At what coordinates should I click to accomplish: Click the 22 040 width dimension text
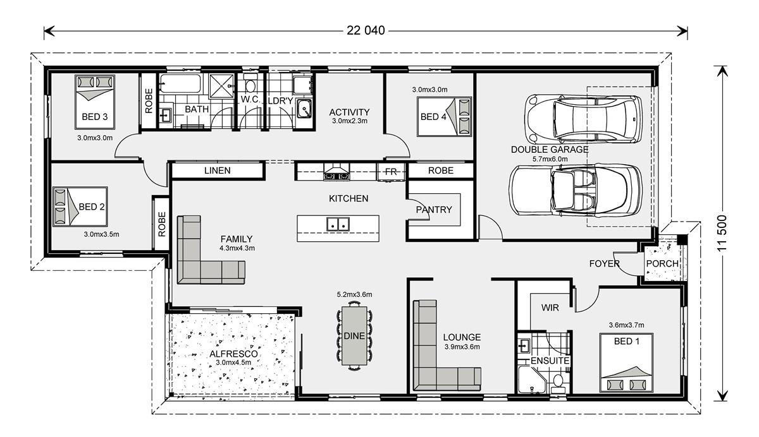366,30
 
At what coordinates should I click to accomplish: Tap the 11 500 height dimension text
722,233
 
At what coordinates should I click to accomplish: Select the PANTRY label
434,210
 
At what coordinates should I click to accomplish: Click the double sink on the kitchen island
338,224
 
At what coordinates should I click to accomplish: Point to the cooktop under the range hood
336,176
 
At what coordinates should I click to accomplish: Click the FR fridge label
391,172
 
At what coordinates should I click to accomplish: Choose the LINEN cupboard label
217,171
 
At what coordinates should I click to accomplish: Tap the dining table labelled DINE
354,335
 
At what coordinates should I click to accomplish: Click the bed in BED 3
95,102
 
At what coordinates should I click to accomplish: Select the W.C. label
250,99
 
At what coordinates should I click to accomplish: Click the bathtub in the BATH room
180,83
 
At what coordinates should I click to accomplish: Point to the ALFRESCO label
233,354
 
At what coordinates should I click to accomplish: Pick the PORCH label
662,263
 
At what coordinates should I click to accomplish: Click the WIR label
550,308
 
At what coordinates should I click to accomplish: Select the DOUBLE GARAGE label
549,150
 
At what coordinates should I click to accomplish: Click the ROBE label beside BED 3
149,101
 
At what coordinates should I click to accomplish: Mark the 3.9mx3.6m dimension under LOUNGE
462,347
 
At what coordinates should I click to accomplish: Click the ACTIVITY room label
349,112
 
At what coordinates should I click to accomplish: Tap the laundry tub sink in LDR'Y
304,108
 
